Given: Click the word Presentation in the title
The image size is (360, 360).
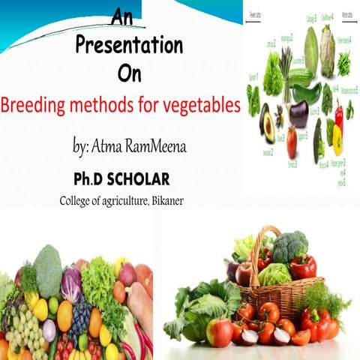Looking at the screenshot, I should (x=129, y=45).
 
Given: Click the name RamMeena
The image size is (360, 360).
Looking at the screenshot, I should (x=153, y=147).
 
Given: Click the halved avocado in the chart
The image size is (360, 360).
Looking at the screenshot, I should (x=268, y=127).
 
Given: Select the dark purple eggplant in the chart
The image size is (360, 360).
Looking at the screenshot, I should (x=298, y=114).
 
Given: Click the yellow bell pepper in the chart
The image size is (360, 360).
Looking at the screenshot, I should (x=337, y=139).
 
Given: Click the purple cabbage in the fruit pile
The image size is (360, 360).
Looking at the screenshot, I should (x=71, y=284).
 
